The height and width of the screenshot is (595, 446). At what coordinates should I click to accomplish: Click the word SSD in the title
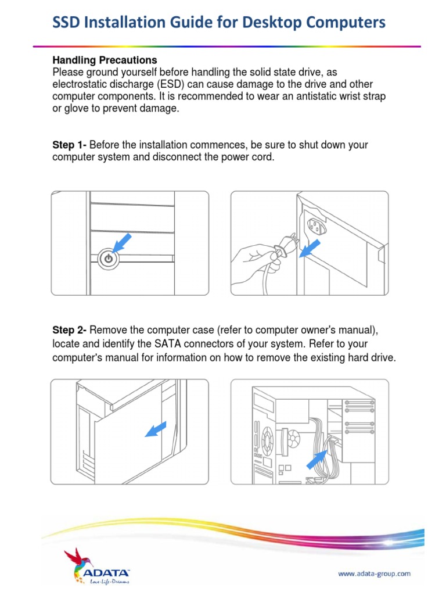pos(67,23)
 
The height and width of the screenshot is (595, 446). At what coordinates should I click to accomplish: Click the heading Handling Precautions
pos(105,60)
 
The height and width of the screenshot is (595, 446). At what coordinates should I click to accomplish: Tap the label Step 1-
pos(70,145)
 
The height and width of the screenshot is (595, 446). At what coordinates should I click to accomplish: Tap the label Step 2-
pos(70,331)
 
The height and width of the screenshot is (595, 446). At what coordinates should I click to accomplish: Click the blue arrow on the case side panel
pos(154,429)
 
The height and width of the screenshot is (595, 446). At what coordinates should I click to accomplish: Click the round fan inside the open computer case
pos(268,437)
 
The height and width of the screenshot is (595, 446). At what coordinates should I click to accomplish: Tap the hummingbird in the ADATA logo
pos(74,558)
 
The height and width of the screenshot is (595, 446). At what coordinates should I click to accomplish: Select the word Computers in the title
pos(347,23)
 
